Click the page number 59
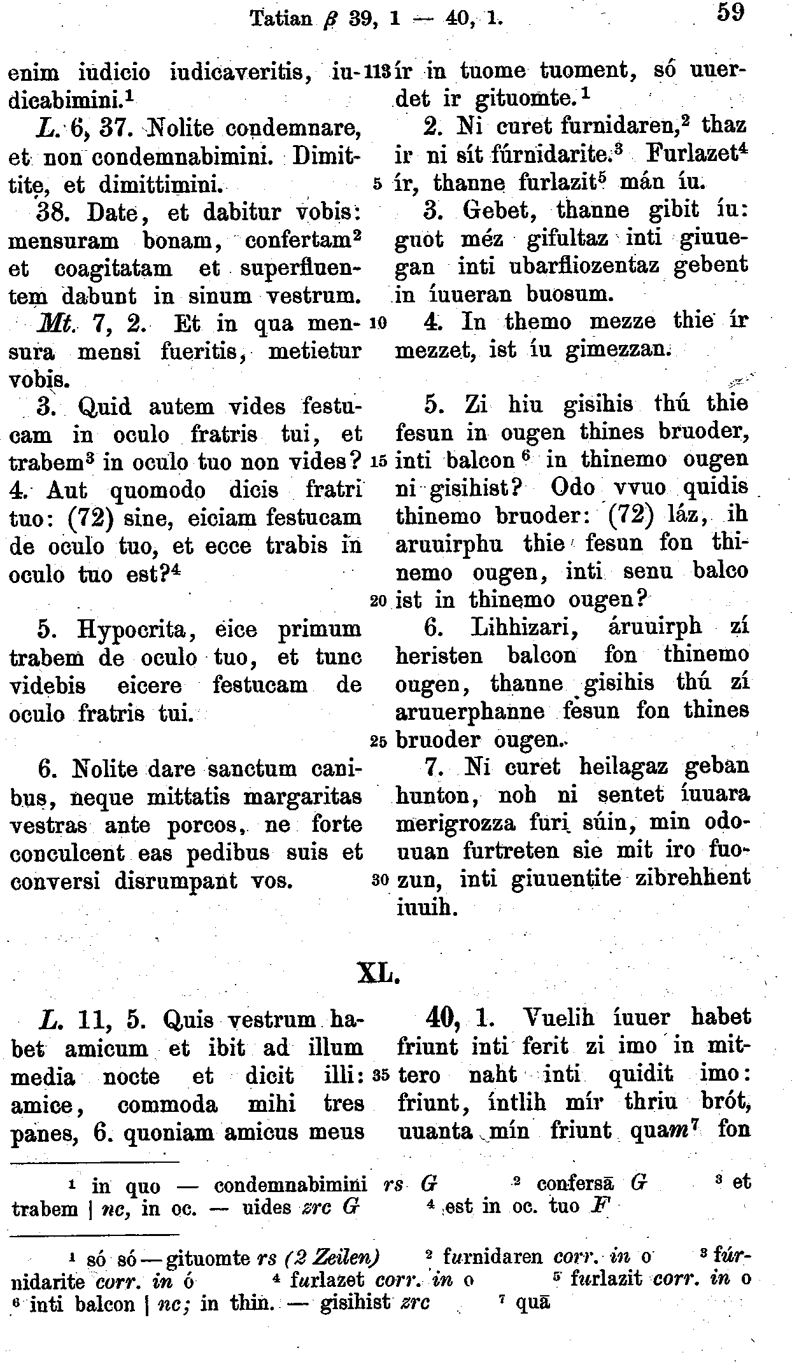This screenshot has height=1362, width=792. (x=730, y=12)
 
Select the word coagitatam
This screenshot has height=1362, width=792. (x=113, y=269)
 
